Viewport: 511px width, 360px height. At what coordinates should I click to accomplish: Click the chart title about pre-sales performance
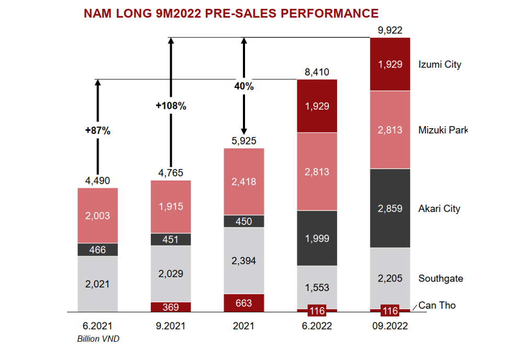click(231, 13)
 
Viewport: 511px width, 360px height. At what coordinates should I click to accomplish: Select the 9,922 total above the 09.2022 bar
click(390, 30)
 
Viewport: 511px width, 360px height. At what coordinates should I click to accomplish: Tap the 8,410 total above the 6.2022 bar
click(317, 72)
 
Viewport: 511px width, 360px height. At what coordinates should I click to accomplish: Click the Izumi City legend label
click(439, 65)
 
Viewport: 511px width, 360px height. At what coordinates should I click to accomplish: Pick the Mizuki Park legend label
click(442, 130)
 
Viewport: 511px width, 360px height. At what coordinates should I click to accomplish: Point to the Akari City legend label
click(439, 209)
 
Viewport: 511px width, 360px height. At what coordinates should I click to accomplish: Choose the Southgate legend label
click(440, 278)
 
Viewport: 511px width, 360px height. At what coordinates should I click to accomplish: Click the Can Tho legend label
click(437, 305)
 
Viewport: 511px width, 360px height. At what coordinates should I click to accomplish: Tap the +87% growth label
click(97, 131)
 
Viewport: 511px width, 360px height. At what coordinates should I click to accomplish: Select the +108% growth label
click(171, 106)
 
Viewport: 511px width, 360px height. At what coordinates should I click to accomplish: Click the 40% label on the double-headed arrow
click(243, 86)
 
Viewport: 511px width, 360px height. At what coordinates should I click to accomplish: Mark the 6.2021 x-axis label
click(98, 326)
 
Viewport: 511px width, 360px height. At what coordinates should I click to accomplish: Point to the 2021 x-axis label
click(243, 326)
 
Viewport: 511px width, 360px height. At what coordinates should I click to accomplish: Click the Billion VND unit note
click(98, 339)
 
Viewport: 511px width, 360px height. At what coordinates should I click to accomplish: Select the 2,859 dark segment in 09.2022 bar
click(390, 209)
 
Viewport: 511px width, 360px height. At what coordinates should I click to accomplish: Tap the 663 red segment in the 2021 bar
click(243, 303)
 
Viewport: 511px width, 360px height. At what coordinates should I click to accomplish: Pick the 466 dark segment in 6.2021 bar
click(97, 250)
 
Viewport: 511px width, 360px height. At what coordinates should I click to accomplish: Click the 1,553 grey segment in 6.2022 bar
click(317, 287)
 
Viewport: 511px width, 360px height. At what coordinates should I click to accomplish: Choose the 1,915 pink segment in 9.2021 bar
click(171, 207)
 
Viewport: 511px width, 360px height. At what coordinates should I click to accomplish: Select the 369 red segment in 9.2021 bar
click(171, 307)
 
